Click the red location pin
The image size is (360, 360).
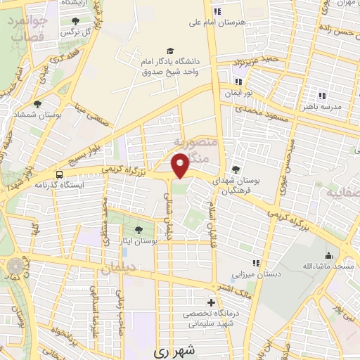point(181,165)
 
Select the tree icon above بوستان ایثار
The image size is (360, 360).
point(138,229)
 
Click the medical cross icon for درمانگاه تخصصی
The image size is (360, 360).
point(211,302)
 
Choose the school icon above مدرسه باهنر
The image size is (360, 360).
point(322,95)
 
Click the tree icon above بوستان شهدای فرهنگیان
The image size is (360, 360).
point(236,169)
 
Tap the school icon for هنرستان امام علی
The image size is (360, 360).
point(217,11)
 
